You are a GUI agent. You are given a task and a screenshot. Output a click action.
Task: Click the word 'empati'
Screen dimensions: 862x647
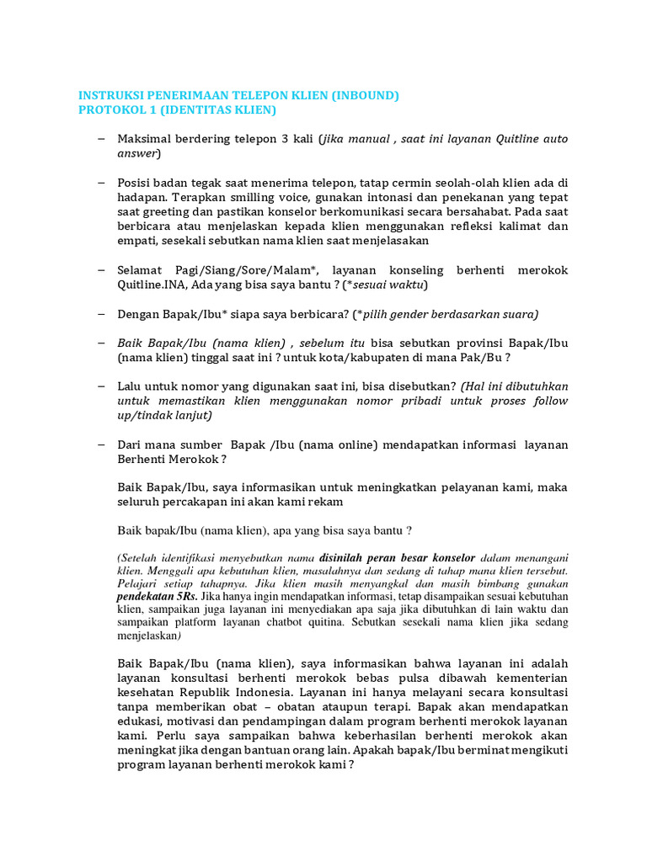[139, 241]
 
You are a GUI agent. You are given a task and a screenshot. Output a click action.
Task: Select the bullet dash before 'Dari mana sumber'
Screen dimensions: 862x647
[101, 444]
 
